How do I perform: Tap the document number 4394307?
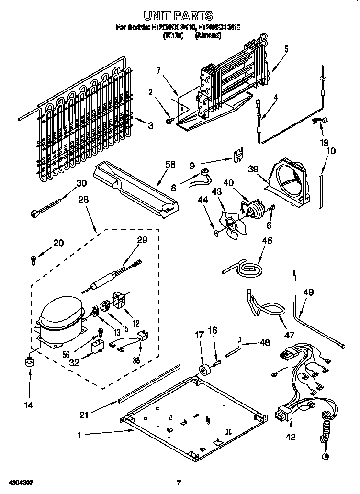coord(20,482)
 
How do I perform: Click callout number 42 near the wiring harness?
coord(291,437)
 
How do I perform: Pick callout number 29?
coord(142,241)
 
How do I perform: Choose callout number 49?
coord(309,292)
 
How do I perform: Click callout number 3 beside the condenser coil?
coord(150,126)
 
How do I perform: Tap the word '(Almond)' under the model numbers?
coord(209,35)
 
